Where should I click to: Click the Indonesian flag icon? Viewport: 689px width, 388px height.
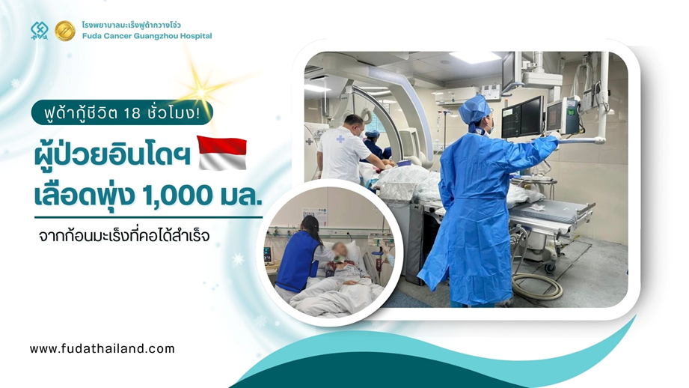click(x=222, y=153)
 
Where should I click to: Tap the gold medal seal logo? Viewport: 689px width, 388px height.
click(x=64, y=31)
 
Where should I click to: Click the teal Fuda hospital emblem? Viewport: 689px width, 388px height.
click(x=40, y=31)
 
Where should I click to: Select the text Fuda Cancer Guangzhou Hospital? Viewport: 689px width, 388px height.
click(x=147, y=36)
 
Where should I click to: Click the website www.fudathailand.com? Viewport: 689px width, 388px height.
click(x=102, y=349)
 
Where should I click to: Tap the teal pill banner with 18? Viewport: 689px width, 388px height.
click(x=122, y=113)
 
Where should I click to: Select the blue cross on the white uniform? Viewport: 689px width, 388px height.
click(x=340, y=139)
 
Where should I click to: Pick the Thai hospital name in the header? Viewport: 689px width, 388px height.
click(x=132, y=25)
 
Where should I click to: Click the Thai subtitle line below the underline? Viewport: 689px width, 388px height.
click(x=124, y=235)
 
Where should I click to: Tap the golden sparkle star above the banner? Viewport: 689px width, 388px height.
click(x=200, y=91)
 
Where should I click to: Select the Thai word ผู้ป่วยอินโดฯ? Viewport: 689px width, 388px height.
click(x=112, y=155)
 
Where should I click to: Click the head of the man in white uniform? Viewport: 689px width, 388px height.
click(x=354, y=124)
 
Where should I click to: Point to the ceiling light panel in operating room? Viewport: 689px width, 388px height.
click(x=475, y=57)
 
